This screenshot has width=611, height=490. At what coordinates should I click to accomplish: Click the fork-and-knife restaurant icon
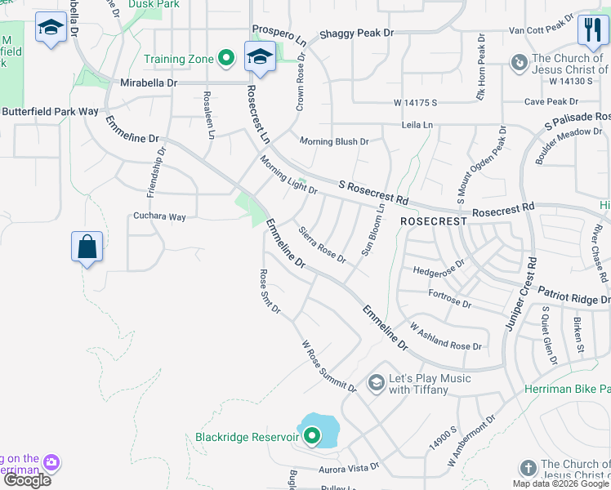[x=591, y=31]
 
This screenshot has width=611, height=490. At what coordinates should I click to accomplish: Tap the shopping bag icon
[x=87, y=247]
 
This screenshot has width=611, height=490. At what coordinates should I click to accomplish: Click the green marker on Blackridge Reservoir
[x=312, y=437]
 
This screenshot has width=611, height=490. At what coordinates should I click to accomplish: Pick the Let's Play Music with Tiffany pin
[x=376, y=382]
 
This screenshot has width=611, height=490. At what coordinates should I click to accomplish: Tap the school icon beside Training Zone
[x=260, y=56]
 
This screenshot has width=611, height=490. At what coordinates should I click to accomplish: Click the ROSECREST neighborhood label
[x=433, y=221]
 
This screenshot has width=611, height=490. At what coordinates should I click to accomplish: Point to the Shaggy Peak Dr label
[x=356, y=33]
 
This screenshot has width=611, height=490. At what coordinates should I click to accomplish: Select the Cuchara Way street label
[x=160, y=216]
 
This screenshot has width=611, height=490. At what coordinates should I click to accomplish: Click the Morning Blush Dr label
[x=334, y=141]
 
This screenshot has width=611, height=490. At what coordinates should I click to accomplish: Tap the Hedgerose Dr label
[x=439, y=265]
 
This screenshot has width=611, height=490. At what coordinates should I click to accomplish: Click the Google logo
[x=27, y=480]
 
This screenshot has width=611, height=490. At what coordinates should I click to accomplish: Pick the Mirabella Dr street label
[x=149, y=83]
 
